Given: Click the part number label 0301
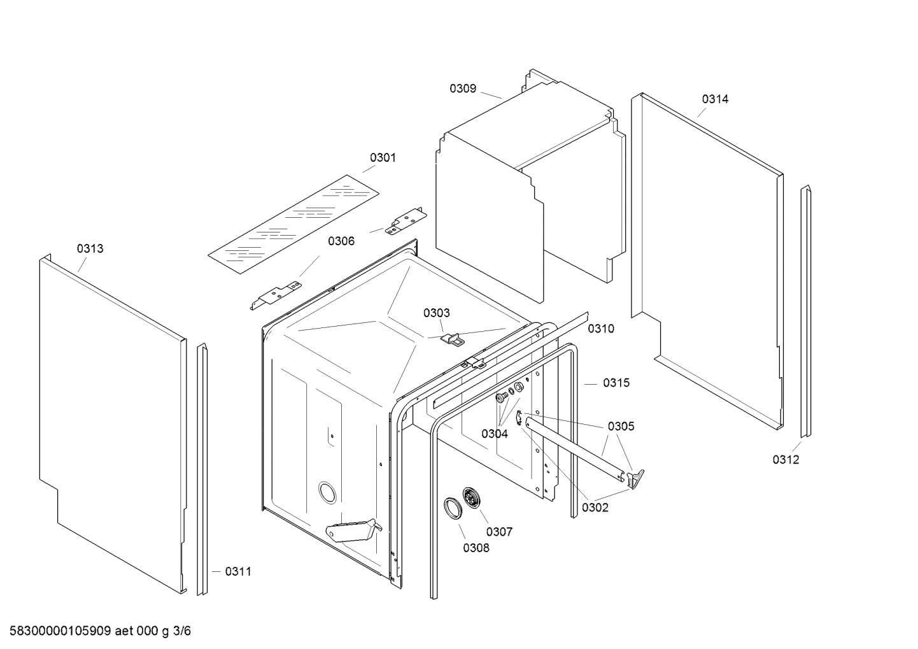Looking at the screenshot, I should point(383,157).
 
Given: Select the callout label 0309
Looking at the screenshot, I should point(463,89).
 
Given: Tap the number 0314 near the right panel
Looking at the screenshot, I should point(715,99).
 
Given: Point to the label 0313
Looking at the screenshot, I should point(90,248).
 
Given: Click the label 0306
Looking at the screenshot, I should point(341,241).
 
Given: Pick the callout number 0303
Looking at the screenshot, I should point(436,313).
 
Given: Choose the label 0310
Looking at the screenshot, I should point(600,329).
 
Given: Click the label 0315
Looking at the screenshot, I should point(616,383).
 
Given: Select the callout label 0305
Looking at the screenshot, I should point(621,426).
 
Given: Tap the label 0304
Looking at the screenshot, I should point(495,434).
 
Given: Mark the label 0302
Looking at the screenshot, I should point(595,508).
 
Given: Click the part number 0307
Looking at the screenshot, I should point(499,532).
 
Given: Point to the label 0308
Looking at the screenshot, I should point(476,548).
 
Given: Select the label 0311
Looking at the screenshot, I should point(238,571).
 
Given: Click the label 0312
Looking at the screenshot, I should point(786,460).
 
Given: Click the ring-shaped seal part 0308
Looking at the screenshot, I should point(453,510).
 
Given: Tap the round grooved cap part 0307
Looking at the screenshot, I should point(472,497).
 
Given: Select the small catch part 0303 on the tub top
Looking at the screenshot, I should point(451,339).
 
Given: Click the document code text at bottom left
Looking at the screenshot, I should point(96,631).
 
